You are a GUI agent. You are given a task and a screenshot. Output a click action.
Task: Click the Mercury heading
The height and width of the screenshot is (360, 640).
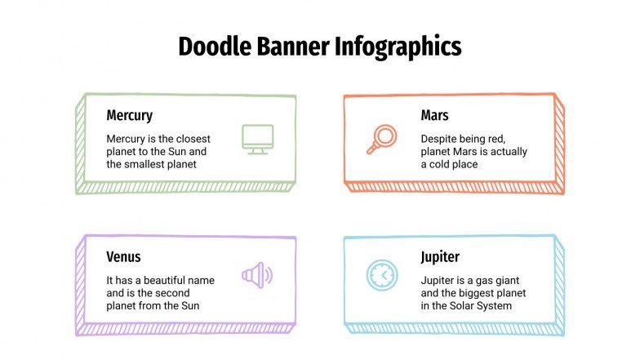[130, 116]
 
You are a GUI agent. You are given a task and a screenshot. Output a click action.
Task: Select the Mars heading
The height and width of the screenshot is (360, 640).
[434, 116]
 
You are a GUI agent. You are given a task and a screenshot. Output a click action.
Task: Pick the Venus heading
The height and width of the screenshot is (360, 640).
[124, 257]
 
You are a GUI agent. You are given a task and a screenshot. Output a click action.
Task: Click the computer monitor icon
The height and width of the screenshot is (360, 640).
[258, 139]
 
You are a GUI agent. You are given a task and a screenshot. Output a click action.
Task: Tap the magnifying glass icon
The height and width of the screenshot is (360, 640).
[380, 140]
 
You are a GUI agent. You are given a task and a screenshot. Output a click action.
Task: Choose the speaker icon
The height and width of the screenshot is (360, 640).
[258, 274]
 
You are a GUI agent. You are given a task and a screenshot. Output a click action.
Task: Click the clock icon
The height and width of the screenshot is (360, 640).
[380, 275]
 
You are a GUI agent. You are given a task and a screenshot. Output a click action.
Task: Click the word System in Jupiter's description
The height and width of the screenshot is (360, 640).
[495, 306]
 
